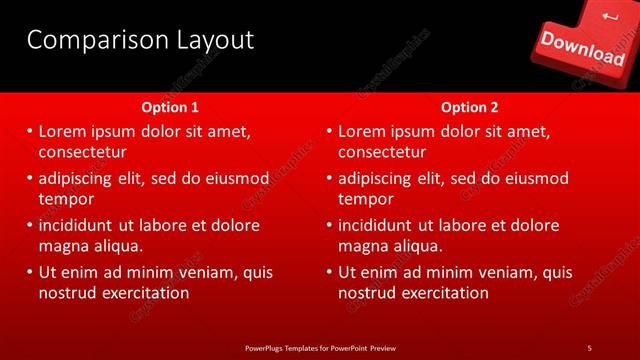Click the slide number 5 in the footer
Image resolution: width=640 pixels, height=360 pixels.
click(x=589, y=347)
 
